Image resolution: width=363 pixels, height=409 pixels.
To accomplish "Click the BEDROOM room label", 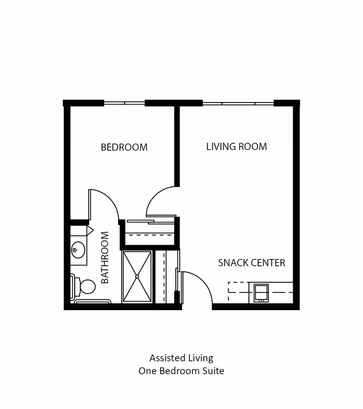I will coord(124,147).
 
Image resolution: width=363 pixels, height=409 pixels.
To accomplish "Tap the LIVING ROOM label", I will coord(236,147).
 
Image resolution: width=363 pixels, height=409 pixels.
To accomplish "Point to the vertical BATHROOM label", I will coord(105,257).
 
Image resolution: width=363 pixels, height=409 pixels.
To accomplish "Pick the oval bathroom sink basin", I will coord(78,250).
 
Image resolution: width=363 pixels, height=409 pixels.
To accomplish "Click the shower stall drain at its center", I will coord(137,276).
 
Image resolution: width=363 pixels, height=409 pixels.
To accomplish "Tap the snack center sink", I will coord(261,293).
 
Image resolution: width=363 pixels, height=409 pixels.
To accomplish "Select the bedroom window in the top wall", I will coord(124,103).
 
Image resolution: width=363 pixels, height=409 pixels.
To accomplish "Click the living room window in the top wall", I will coord(238,103).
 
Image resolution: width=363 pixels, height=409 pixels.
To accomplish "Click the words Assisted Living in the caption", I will coord(181,358).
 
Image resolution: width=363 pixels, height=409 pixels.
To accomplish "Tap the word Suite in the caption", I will coord(214,371).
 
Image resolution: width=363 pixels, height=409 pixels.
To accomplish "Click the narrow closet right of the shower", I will coord(166,276).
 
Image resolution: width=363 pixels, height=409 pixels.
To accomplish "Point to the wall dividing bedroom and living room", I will coord(177,146).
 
